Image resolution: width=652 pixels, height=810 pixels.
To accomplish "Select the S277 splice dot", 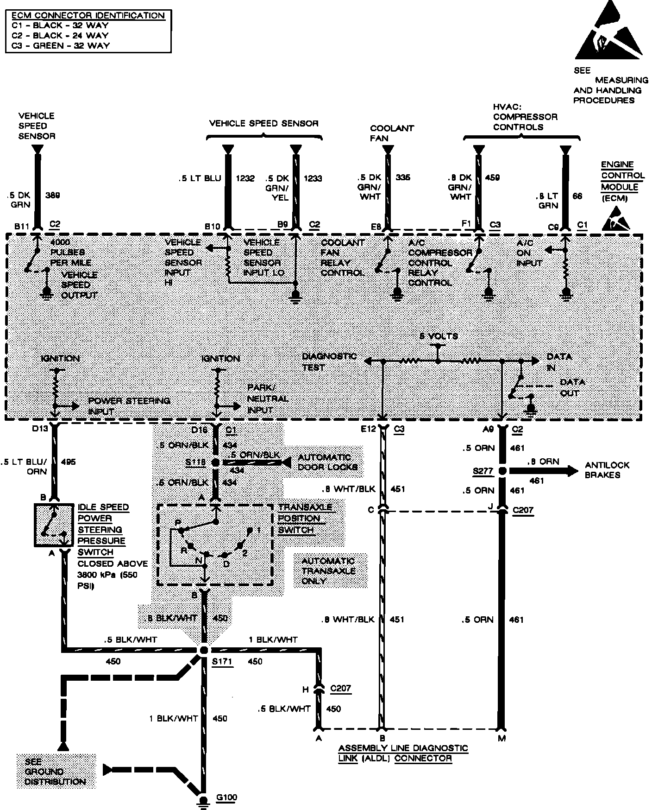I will coord(502,471).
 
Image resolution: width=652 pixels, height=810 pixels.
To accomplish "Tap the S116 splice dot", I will coord(215,462).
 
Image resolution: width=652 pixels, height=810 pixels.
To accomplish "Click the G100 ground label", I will coord(226,797).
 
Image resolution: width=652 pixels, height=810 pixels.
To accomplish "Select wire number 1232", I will coord(245,178).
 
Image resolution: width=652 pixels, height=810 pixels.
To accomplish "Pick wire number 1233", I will coord(313,178).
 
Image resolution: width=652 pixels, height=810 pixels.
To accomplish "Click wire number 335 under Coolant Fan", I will coord(403,177).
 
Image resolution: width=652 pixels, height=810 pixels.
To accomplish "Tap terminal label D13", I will coord(40,429).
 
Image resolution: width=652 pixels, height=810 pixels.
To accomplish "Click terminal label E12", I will coord(369,429).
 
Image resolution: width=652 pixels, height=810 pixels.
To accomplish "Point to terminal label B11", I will coord(22,226).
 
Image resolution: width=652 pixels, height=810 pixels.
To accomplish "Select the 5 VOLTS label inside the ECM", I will coord(439,336).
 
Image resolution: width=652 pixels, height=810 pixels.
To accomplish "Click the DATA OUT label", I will coord(572,387).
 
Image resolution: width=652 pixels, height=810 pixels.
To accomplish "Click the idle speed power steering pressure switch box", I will coord(53,525).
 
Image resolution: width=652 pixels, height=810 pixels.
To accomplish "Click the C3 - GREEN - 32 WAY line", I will coord(61,45).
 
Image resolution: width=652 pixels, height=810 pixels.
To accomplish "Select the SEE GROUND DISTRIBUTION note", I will coord(56,772).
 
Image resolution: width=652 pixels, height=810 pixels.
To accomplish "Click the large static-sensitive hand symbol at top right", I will coord(608,35).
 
